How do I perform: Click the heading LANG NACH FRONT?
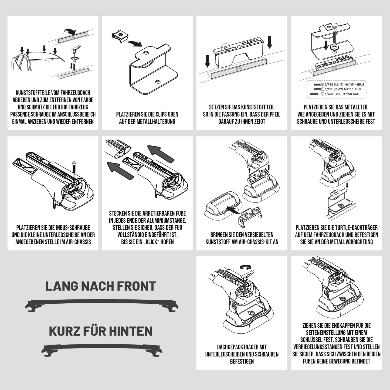101,286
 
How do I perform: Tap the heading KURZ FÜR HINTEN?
101,331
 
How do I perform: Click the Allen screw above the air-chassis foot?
74,166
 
